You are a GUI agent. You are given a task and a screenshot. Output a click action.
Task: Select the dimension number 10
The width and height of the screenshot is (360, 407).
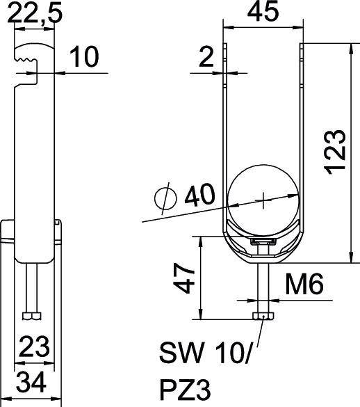85,58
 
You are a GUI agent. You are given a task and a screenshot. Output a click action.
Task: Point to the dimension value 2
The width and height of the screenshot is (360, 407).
206,58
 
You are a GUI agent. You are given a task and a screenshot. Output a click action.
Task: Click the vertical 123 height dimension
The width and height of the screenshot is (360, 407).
336,151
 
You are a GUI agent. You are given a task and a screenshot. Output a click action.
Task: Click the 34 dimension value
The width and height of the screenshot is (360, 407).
32,381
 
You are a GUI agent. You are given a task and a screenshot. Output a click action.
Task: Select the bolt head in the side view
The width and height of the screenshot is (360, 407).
32,317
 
